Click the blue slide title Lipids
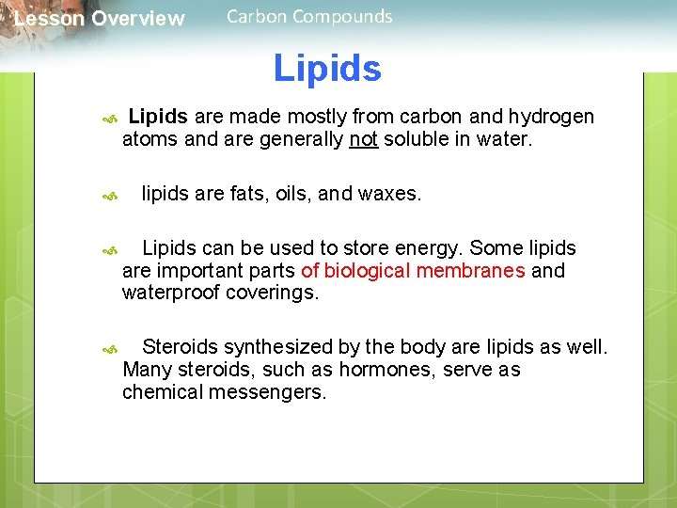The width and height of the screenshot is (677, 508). tap(327, 69)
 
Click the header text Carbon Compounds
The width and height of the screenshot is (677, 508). tap(309, 16)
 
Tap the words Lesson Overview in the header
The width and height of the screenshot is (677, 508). tap(100, 19)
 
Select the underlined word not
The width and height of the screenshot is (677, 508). tap(363, 139)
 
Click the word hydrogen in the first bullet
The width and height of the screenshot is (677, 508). tap(552, 117)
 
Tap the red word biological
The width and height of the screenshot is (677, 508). tap(368, 271)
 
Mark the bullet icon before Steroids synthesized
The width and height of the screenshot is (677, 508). tap(109, 349)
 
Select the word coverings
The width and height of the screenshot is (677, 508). tap(273, 293)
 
